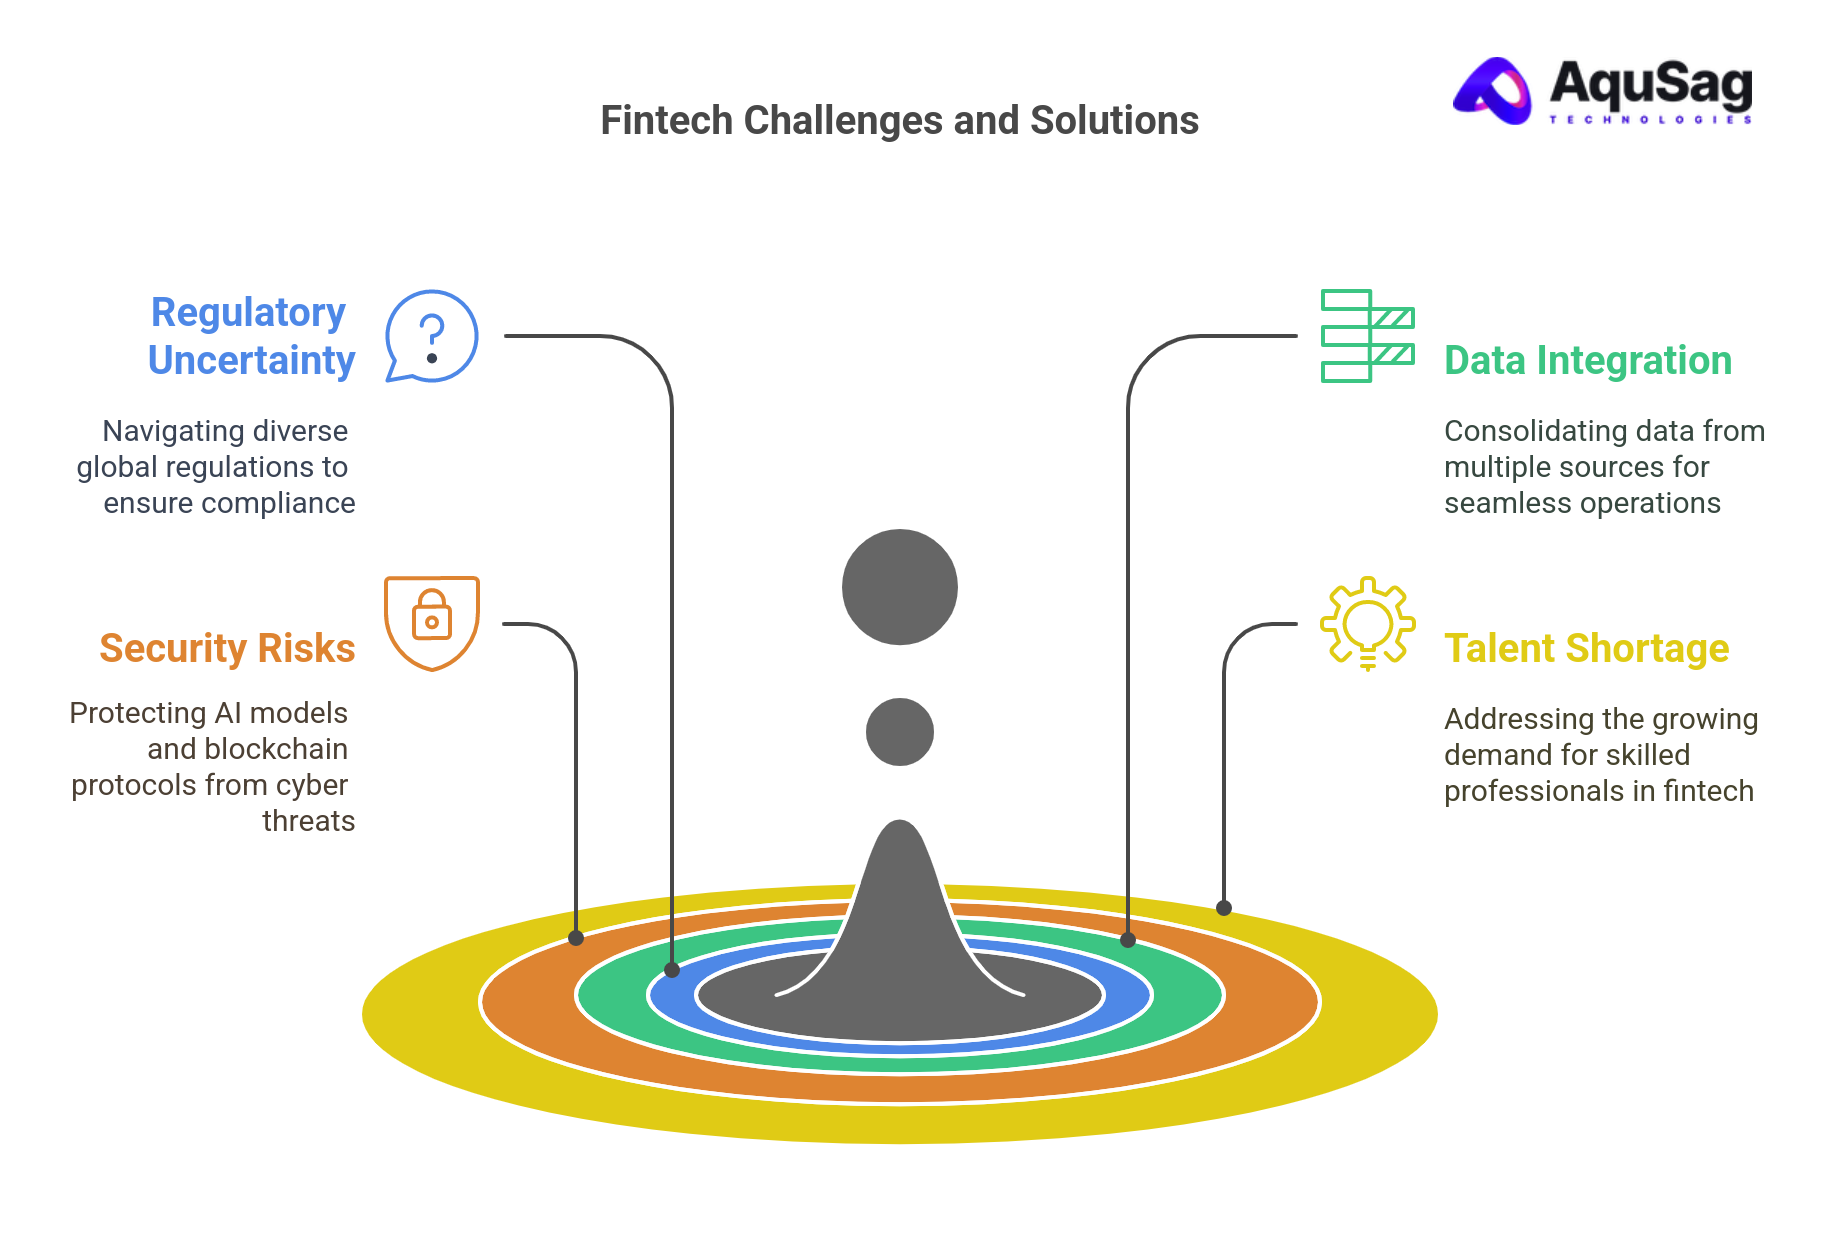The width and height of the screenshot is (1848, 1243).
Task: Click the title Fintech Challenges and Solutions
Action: coord(899,121)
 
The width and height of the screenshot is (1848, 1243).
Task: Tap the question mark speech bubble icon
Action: coord(432,336)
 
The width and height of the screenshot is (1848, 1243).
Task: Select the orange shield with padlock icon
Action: coord(432,622)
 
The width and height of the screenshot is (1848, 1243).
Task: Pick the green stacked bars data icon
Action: coord(1367,336)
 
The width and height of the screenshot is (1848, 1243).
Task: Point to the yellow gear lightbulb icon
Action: coord(1367,622)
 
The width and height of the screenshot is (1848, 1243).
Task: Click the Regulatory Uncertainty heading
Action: coord(250,336)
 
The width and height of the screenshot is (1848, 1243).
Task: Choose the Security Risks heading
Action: coord(227,649)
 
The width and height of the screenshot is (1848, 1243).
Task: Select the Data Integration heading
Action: coord(1587,361)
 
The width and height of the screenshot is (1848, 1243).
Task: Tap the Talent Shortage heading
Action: coord(1586,649)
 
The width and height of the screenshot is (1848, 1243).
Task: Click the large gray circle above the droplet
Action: coord(900,587)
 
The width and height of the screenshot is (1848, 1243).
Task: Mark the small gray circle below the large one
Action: coord(900,732)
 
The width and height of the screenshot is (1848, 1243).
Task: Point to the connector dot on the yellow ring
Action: coord(1224,908)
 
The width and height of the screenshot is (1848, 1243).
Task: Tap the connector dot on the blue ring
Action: coord(672,970)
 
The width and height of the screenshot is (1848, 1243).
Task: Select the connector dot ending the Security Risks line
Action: coord(576,938)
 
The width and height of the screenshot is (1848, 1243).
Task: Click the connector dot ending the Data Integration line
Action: coord(1128,940)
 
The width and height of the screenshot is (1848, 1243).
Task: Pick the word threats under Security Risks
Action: coord(308,821)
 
